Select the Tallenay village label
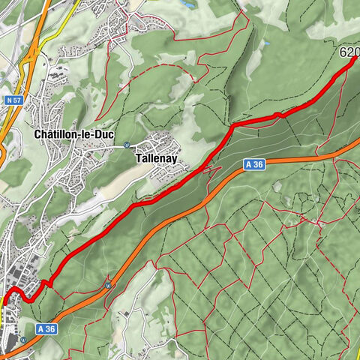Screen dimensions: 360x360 pyautogui.click(x=156, y=159)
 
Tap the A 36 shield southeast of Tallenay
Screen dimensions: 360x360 pyautogui.click(x=253, y=164)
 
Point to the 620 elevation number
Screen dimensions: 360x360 pyautogui.click(x=349, y=52)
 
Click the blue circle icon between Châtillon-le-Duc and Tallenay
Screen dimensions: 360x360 pyautogui.click(x=127, y=146)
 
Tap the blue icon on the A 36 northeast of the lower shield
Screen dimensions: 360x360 pyautogui.click(x=109, y=285)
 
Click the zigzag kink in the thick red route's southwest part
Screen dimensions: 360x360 pyautogui.click(x=46, y=283)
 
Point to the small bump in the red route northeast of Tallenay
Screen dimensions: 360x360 pyautogui.click(x=278, y=114)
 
